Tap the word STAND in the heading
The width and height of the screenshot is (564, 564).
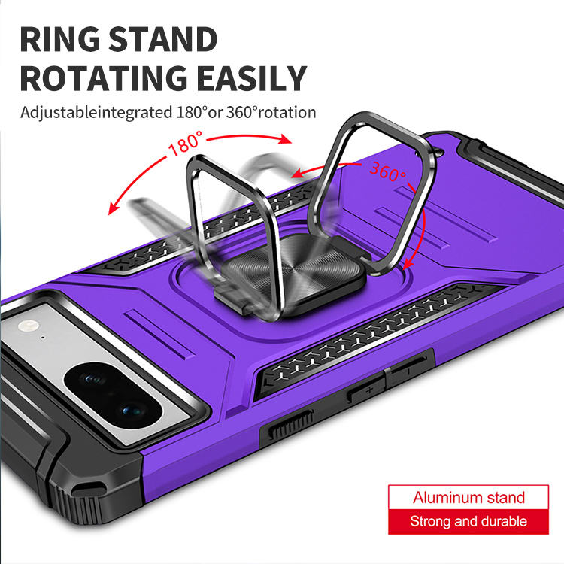click(168, 39)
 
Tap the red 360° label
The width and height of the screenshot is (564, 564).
click(387, 173)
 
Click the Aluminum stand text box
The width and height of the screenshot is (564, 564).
click(468, 498)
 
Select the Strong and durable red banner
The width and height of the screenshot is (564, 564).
click(468, 521)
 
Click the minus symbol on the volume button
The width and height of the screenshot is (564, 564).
click(407, 371)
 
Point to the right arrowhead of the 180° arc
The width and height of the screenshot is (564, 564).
click(287, 140)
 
